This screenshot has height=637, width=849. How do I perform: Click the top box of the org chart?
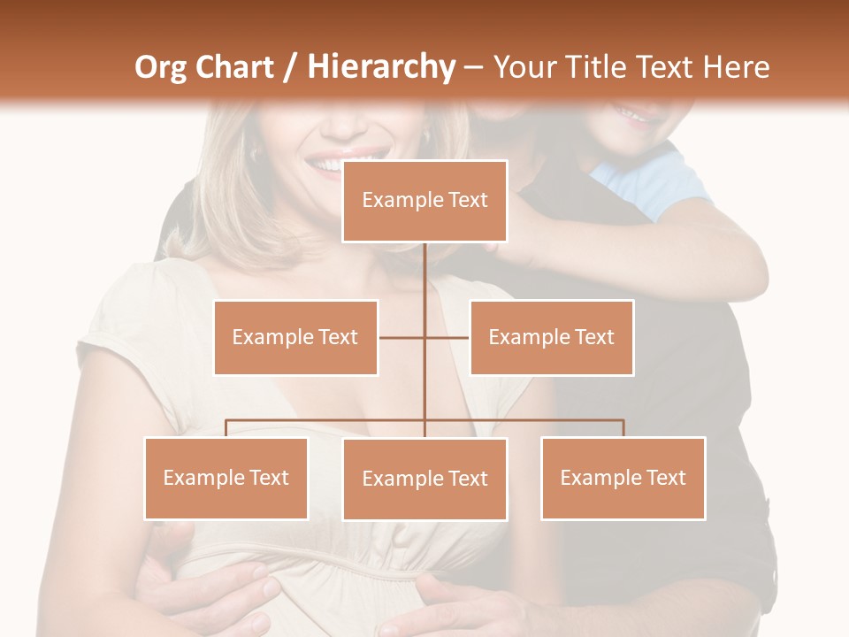click(x=424, y=201)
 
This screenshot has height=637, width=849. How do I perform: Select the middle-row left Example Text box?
click(x=295, y=337)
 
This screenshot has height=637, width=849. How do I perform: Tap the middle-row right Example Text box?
click(x=551, y=337)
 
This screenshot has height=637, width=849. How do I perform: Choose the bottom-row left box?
click(x=226, y=478)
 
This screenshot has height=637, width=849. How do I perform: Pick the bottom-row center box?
click(x=424, y=479)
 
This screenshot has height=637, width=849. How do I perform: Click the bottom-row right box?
click(x=623, y=478)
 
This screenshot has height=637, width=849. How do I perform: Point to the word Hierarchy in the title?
click(x=380, y=67)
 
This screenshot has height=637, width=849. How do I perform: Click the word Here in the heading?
click(x=736, y=67)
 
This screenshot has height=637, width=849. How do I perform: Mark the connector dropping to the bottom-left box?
click(x=226, y=428)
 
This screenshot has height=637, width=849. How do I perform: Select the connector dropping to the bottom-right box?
click(x=623, y=428)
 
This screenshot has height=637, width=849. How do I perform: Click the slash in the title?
click(x=288, y=67)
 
